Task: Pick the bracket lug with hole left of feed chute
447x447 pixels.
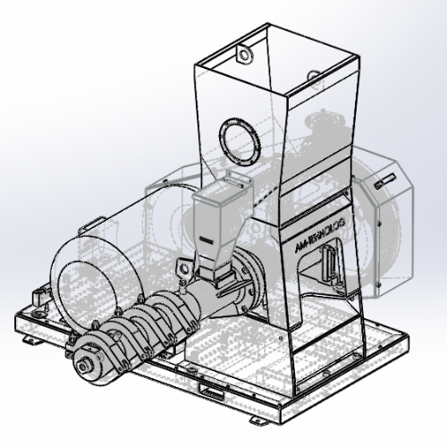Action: tap(182, 266)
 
